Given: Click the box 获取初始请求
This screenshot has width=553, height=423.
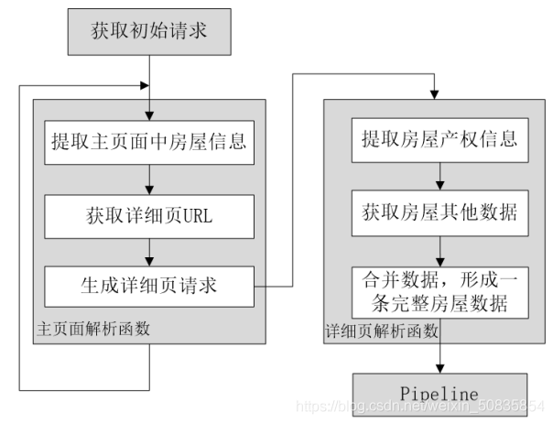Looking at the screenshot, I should coord(147,29).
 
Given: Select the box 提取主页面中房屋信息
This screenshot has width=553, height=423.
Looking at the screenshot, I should coord(147,142).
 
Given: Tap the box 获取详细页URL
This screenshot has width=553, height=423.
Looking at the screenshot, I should coord(147,216).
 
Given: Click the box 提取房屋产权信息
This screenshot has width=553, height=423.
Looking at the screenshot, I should coord(439,139).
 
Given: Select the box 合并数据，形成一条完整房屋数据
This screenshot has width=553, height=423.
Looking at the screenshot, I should coord(439,291).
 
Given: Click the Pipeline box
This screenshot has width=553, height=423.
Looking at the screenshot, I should coord(439,394).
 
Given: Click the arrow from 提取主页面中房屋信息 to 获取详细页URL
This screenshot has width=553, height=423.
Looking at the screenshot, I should coord(147,179).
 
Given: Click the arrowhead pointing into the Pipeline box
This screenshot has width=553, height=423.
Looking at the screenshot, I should coord(439,368).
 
